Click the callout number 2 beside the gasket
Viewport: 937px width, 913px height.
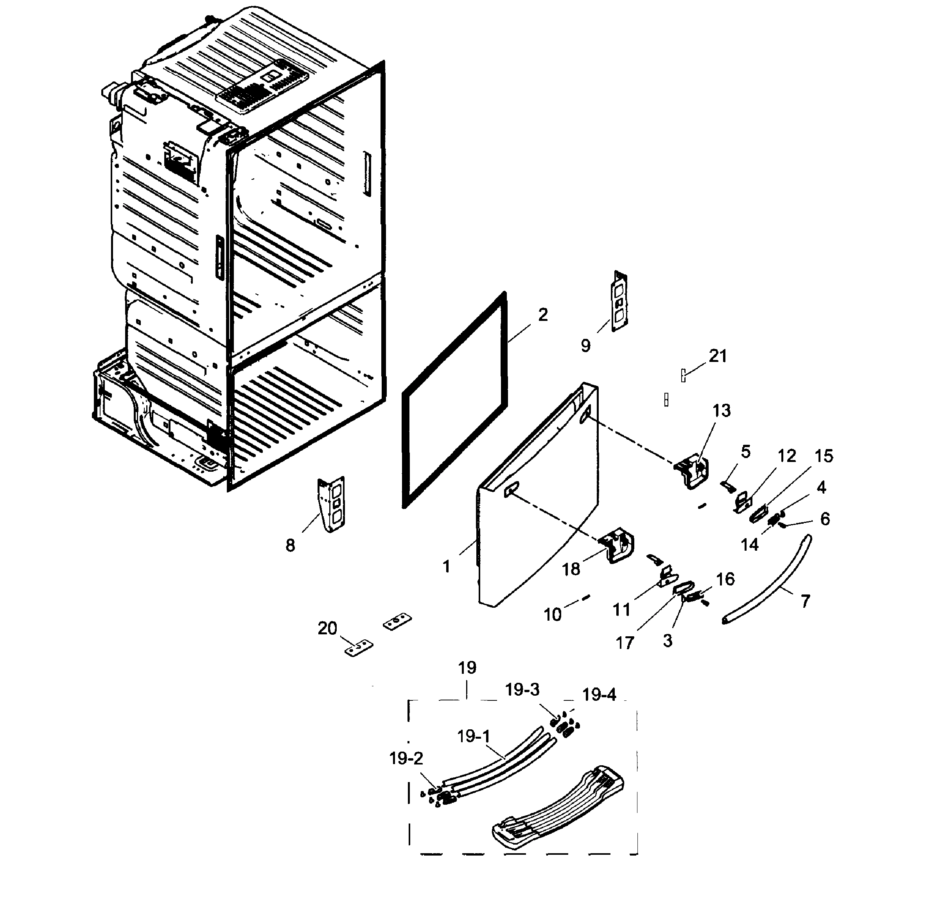pos(543,315)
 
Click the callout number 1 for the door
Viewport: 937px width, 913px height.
pos(446,566)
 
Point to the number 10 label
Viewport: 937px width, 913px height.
pos(552,614)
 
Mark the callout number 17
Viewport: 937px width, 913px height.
pos(625,642)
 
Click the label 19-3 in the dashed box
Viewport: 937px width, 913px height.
pos(522,689)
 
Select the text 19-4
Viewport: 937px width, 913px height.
pos(599,695)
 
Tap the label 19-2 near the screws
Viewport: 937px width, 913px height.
pos(406,758)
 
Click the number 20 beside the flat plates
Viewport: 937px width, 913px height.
pos(327,628)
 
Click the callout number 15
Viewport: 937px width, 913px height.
pos(823,456)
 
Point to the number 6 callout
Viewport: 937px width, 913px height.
pos(825,518)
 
